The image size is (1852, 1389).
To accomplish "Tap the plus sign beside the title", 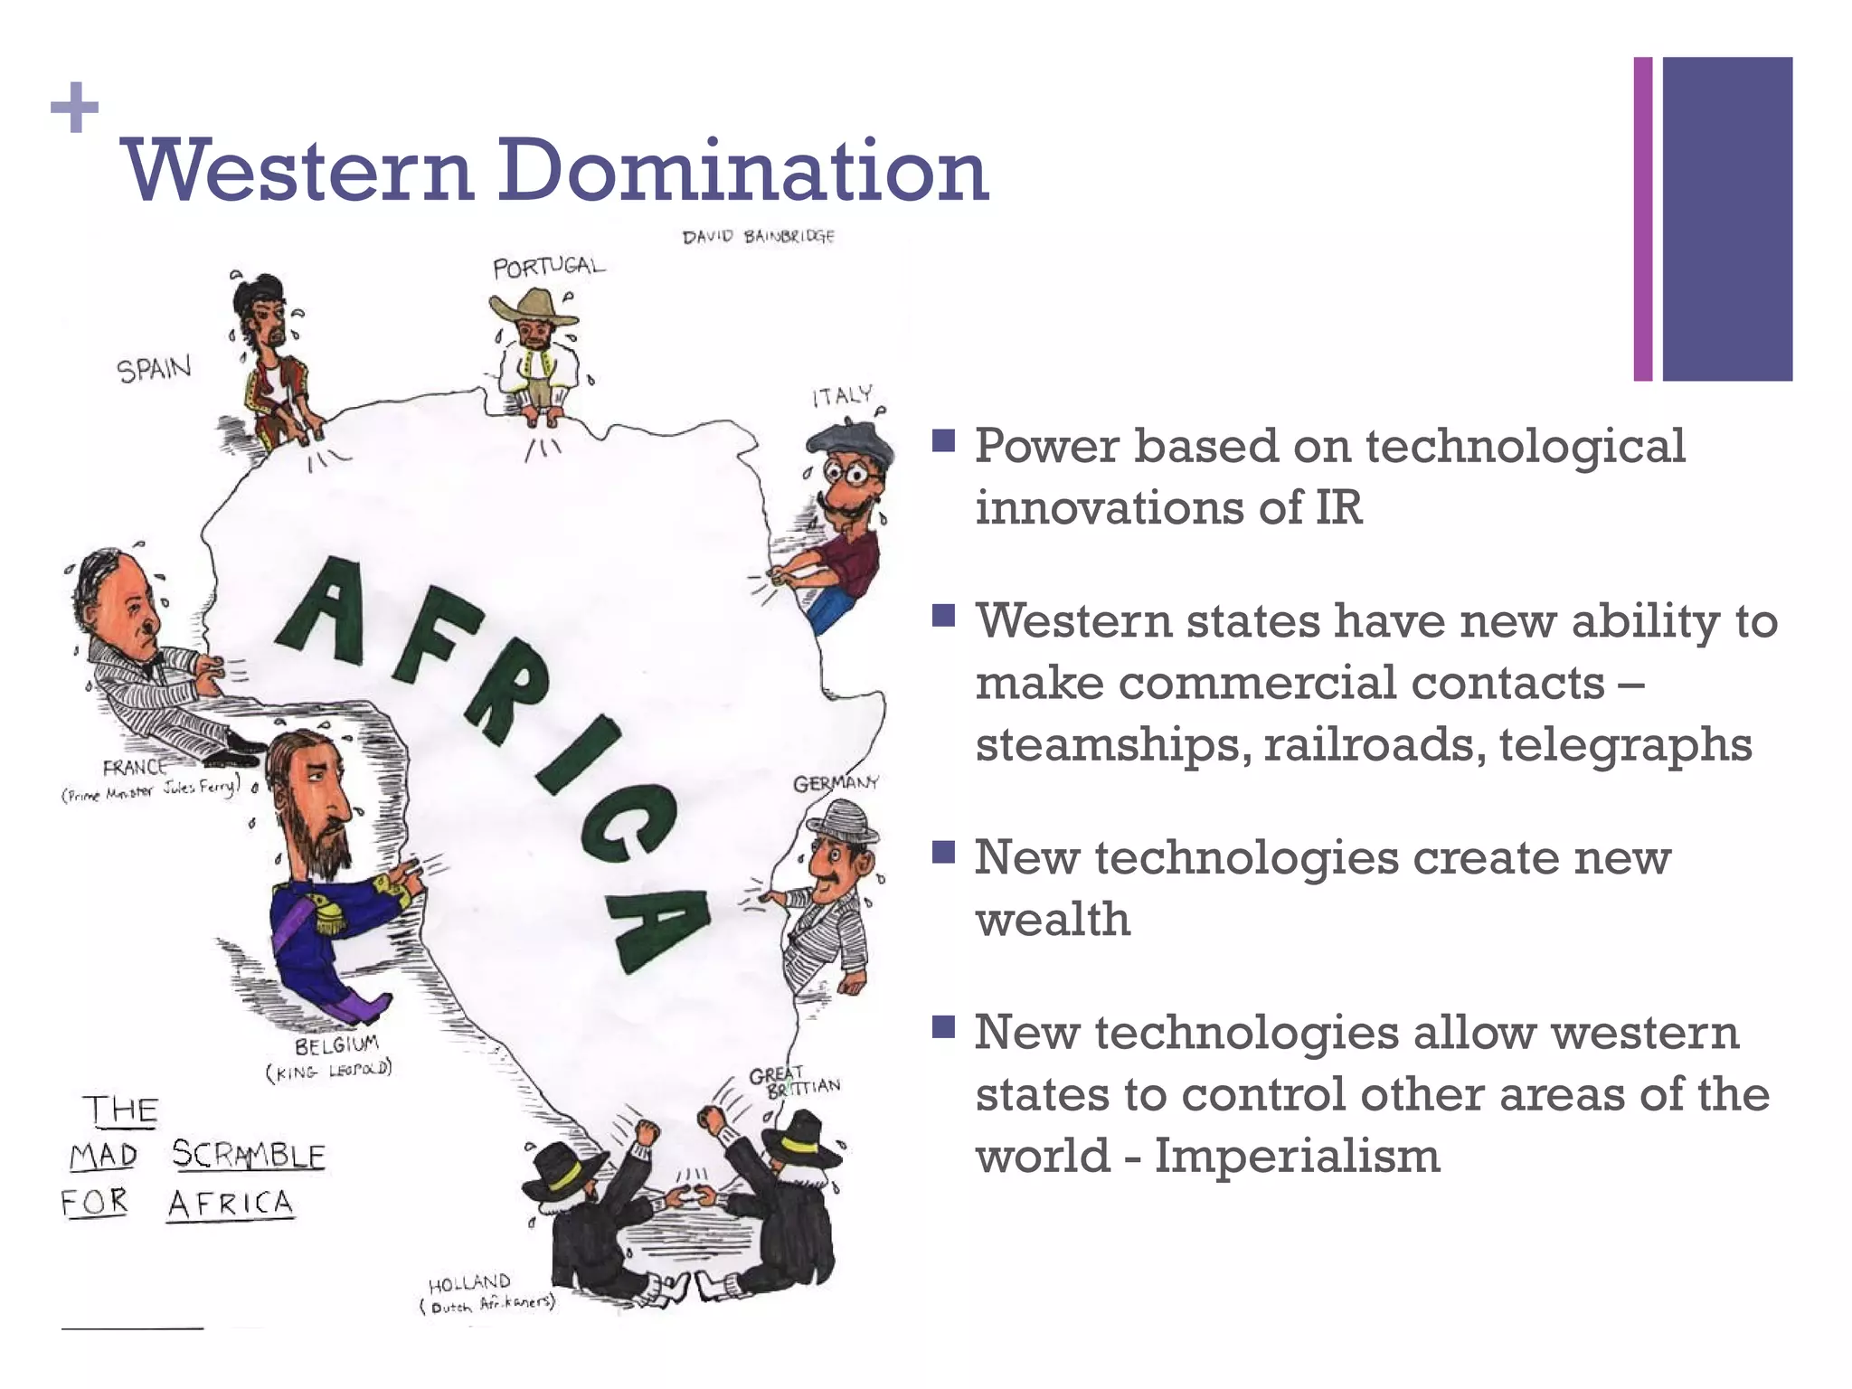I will pyautogui.click(x=75, y=109).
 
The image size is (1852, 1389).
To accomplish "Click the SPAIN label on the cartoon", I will pyautogui.click(x=154, y=369).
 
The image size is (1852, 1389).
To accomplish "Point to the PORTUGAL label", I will pyautogui.click(x=548, y=267).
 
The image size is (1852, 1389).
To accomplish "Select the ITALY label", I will pyautogui.click(x=842, y=396).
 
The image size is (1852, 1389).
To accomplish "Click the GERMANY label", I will pyautogui.click(x=836, y=783).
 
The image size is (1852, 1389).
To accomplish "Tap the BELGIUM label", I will pyautogui.click(x=336, y=1045).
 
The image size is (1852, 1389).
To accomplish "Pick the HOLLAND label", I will pyautogui.click(x=469, y=1283).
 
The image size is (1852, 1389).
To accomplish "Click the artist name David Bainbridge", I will pyautogui.click(x=758, y=237).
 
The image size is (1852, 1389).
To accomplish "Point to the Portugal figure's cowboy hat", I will pyautogui.click(x=534, y=307).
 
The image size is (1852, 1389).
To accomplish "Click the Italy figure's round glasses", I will pyautogui.click(x=848, y=472).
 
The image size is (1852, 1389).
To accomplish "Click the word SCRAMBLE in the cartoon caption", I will pyautogui.click(x=248, y=1155).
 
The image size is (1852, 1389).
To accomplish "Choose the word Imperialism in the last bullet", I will pyautogui.click(x=1297, y=1157).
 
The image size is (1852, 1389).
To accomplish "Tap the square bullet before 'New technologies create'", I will pyautogui.click(x=943, y=852).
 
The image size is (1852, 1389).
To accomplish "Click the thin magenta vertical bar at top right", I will pyautogui.click(x=1642, y=219).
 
